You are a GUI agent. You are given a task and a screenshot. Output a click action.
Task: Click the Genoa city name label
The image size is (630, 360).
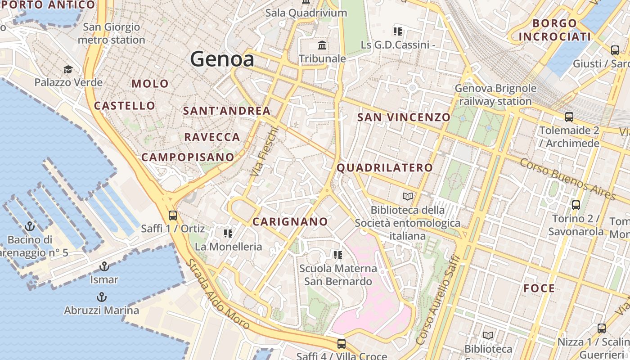222,59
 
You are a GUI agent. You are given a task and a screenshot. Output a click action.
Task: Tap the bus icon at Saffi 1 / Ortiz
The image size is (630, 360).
173,215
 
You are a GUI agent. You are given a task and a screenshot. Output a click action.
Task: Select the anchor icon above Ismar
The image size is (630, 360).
104,266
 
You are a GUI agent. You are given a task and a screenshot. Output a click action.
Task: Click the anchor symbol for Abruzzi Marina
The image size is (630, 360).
102,297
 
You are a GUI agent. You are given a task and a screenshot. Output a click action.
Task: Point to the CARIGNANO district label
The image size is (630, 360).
290,221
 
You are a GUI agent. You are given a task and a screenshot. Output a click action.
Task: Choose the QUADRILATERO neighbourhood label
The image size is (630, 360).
385,168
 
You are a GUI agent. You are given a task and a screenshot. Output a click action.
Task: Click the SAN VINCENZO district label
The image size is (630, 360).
404,117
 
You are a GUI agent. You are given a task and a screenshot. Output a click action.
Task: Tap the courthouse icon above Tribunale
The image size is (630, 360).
322,45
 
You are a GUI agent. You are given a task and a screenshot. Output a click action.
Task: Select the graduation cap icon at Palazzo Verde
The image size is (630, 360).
68,69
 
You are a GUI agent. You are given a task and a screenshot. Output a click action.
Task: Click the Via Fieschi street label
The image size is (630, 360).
265,152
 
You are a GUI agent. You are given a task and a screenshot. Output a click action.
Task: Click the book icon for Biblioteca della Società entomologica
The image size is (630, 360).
408,197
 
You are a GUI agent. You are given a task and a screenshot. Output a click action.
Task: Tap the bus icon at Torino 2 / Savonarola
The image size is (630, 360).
576,205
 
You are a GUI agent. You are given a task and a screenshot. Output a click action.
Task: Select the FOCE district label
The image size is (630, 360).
539,288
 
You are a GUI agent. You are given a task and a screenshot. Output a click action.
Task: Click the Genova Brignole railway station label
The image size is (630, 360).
495,94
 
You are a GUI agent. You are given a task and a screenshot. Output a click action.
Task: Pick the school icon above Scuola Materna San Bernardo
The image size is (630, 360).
338,255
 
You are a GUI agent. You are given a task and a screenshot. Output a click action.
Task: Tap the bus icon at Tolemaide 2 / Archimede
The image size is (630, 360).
569,117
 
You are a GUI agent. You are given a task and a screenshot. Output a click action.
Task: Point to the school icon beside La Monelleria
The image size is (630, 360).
228,233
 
